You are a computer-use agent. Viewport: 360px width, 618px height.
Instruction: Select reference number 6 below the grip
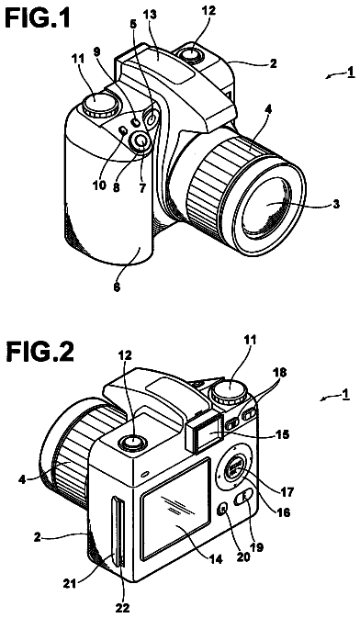click(x=118, y=287)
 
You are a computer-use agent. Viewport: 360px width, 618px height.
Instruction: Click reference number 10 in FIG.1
click(x=100, y=185)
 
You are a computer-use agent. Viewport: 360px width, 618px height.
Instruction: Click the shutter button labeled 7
click(x=141, y=141)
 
